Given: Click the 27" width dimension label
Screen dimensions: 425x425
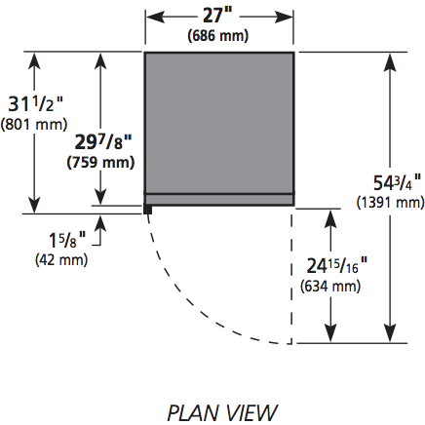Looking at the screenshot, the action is click(218, 16).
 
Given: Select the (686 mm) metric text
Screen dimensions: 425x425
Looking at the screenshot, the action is click(218, 35).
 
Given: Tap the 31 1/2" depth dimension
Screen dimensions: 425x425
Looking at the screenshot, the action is click(35, 104).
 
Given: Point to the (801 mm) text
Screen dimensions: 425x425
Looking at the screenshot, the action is click(34, 124).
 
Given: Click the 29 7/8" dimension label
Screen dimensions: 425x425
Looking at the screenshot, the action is click(103, 142).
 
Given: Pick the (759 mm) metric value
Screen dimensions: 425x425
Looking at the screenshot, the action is click(100, 162).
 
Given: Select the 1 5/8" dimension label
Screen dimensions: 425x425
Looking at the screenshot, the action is click(67, 241).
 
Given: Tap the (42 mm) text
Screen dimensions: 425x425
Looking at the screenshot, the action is click(61, 260).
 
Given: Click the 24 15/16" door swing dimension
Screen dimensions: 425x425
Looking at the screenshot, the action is click(337, 266).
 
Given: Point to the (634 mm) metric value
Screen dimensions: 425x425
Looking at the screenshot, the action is click(330, 287).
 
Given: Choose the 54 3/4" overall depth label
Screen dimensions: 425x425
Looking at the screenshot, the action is click(397, 182).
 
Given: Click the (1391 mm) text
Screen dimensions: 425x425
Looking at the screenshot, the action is click(391, 203).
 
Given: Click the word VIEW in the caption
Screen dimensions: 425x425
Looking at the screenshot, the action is click(251, 413).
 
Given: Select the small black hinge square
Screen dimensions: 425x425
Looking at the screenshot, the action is click(148, 209).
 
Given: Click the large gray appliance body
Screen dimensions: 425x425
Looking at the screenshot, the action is click(219, 123).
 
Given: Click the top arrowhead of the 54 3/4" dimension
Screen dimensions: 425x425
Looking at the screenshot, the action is click(390, 62).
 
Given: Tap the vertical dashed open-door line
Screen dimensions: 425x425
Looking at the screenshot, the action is click(291, 275).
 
